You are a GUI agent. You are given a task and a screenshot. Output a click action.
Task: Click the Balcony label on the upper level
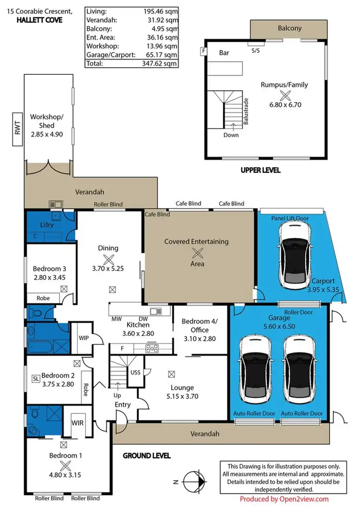click(290, 28)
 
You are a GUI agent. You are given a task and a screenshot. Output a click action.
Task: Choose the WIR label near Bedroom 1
click(78, 423)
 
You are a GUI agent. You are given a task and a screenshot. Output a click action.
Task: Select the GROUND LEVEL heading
click(146, 456)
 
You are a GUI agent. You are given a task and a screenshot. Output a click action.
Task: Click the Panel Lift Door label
click(290, 218)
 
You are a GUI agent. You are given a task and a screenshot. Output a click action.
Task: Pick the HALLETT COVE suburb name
click(37, 20)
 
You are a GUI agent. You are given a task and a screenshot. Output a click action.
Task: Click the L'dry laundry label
click(47, 224)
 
